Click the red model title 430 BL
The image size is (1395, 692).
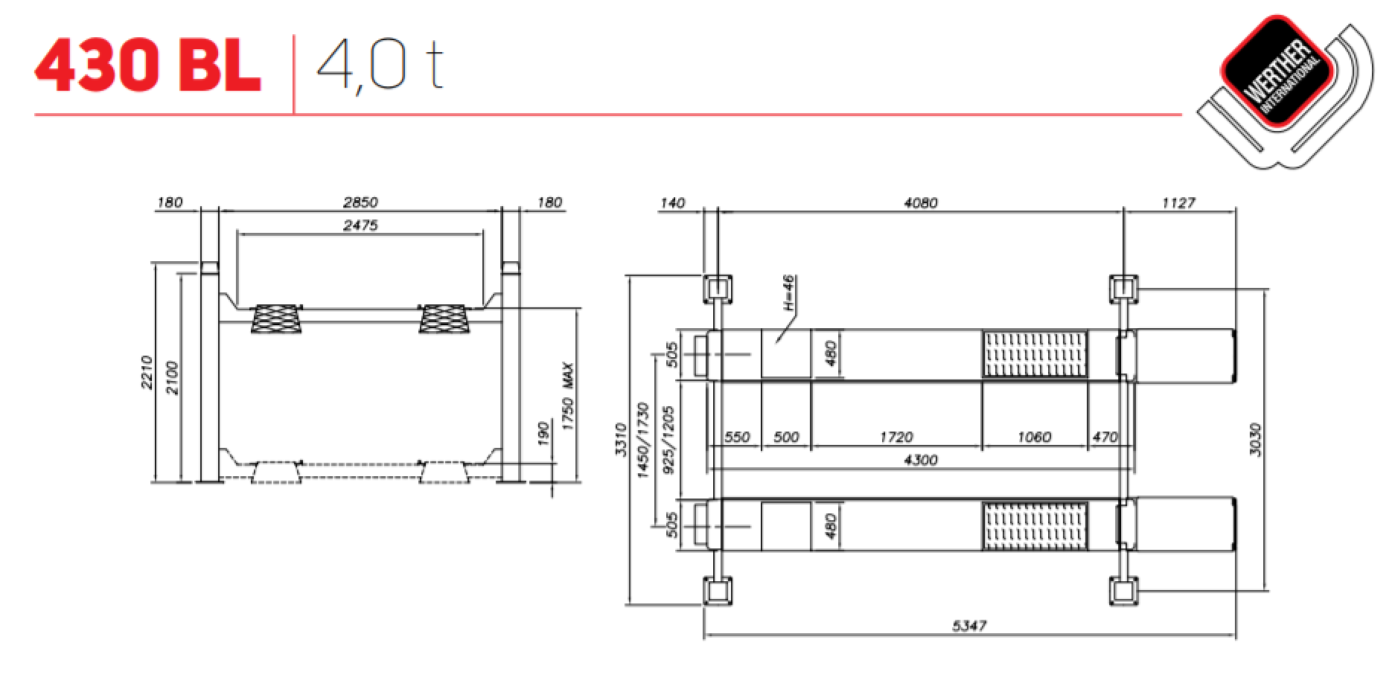coord(147,66)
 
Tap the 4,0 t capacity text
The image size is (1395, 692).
coord(380,66)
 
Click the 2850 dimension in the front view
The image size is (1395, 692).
coord(360,202)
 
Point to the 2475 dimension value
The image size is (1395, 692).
coord(360,225)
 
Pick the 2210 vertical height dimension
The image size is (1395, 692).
coord(147,372)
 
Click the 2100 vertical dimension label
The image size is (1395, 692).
coord(172,377)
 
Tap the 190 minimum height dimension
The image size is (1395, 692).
coord(543,434)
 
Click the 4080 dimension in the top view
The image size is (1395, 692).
coord(920,202)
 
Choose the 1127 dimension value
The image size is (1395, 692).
coord(1178,202)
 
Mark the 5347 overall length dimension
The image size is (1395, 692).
coord(969,626)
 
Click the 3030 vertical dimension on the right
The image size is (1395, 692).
coord(1255,439)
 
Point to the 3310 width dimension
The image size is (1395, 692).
coord(622,439)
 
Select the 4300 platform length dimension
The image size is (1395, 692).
coord(920,460)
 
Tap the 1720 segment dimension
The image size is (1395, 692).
coord(896,437)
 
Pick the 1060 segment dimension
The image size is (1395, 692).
coord(1034,437)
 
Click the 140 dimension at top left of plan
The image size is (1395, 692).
coord(672,202)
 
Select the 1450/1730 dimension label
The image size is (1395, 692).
coord(644,439)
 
